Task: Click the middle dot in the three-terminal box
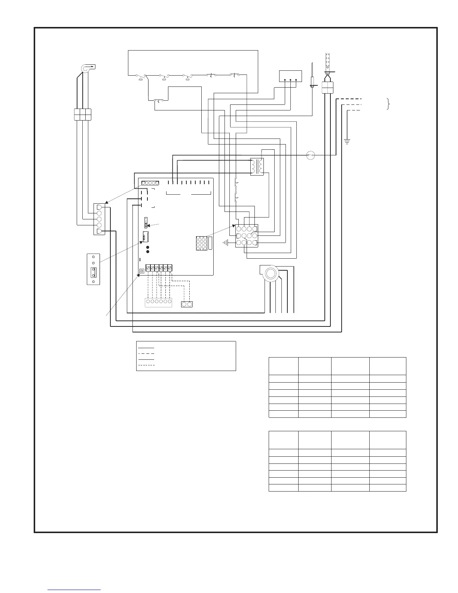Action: click(291, 80)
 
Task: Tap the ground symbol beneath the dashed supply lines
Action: click(347, 141)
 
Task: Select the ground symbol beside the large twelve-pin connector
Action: click(226, 243)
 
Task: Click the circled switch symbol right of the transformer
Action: click(310, 155)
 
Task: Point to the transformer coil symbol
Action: click(257, 167)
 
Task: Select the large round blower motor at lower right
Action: click(269, 274)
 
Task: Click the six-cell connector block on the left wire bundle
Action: click(82, 114)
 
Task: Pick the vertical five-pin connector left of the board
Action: click(100, 219)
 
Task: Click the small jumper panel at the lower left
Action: click(93, 269)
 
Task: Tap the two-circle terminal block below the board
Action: click(187, 304)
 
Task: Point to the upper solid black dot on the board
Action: click(147, 247)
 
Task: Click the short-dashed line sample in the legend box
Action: click(146, 365)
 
